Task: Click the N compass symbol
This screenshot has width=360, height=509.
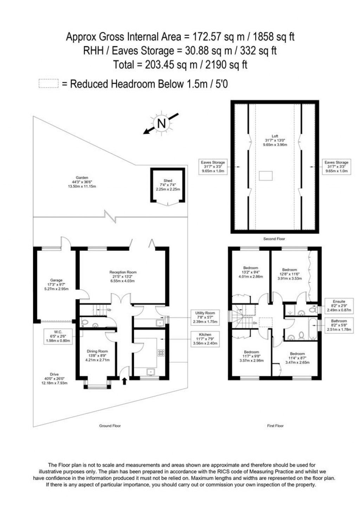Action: (161, 124)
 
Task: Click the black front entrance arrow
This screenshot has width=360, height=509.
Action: (124, 381)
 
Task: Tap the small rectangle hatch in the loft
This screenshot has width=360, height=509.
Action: (266, 176)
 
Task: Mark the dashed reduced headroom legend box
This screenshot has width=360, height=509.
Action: (49, 84)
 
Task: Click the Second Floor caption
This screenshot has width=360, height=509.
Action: (274, 239)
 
